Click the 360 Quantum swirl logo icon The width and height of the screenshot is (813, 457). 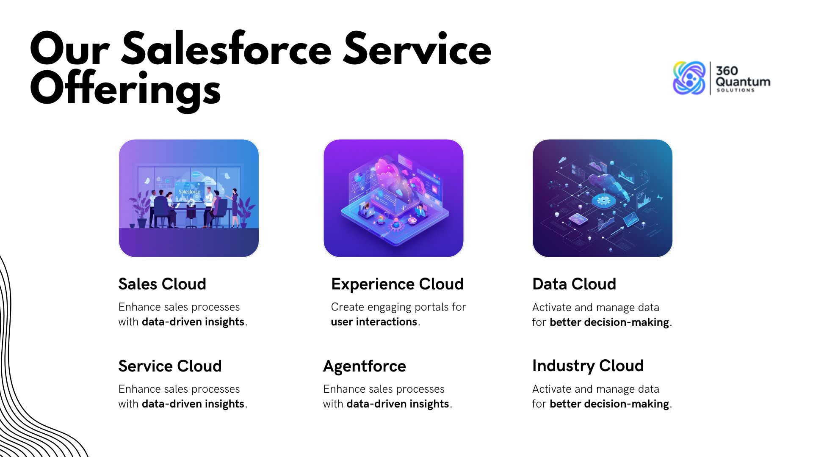tap(689, 78)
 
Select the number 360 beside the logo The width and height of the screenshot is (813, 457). tap(727, 71)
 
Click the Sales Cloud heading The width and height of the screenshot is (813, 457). tap(162, 284)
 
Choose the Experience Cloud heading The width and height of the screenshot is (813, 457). tap(397, 284)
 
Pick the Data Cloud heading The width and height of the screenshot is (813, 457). tap(574, 284)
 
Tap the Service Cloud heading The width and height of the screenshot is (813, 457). tap(170, 366)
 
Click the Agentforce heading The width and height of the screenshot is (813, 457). tap(365, 366)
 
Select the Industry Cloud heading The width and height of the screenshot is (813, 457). tap(588, 366)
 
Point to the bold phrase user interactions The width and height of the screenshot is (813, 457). tap(374, 322)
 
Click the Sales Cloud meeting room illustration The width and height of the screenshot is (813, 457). tap(189, 198)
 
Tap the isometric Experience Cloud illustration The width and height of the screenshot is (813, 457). tap(393, 198)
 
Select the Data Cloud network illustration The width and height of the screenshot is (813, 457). tap(602, 198)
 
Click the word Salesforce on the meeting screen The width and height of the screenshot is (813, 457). tap(189, 192)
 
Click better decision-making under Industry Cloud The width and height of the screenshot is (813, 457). tap(609, 404)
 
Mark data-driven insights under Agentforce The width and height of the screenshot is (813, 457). tap(398, 404)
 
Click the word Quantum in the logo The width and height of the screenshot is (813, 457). tap(743, 82)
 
